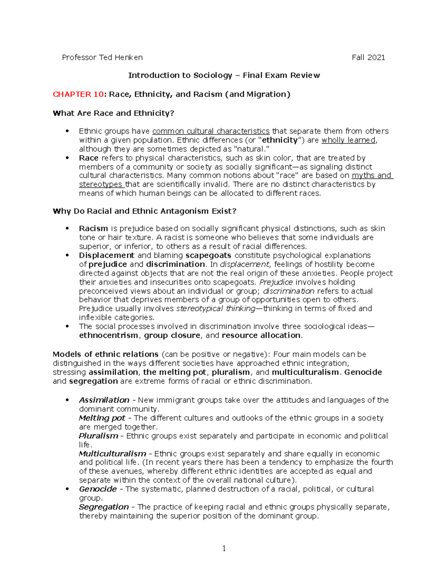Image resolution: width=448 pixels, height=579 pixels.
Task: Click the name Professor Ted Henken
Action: (102, 57)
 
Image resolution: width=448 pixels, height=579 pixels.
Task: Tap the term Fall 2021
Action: (368, 57)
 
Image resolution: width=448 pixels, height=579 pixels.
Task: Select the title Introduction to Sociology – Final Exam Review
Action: (224, 75)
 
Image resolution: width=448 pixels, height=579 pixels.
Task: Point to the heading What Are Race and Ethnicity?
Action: (113, 113)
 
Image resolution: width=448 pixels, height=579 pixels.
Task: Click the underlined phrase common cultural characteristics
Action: (211, 131)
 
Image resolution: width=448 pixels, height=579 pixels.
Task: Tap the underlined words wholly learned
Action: (349, 140)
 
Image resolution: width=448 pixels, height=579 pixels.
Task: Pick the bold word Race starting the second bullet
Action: (88, 158)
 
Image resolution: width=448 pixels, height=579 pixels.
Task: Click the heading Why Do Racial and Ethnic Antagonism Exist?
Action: (144, 211)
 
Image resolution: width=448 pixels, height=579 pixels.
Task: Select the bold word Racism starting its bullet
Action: (93, 229)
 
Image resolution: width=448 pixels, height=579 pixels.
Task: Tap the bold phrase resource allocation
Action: (261, 336)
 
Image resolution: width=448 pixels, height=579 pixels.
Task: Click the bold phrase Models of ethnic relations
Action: (106, 354)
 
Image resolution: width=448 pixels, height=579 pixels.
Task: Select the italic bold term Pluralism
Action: (99, 436)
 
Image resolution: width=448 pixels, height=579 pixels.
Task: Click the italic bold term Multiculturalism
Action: (112, 454)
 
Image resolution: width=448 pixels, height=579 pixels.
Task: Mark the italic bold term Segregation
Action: (104, 507)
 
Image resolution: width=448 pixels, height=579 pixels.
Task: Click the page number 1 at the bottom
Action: (224, 548)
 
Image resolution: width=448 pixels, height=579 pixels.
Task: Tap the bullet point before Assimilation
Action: (67, 400)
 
